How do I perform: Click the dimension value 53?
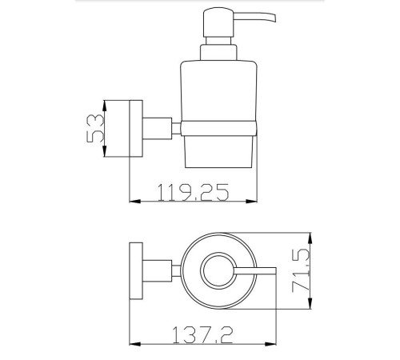pos(95,128)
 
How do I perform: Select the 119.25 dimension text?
pos(194,192)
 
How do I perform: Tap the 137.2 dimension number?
pos(202,335)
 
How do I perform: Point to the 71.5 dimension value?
pos(301,270)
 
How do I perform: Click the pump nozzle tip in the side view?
pos(274,18)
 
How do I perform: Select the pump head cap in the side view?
pos(218,22)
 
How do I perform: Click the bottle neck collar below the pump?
pos(218,52)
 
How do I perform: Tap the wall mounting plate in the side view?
pos(136,128)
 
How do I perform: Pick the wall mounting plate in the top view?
pos(136,270)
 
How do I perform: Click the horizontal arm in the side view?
pos(158,128)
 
